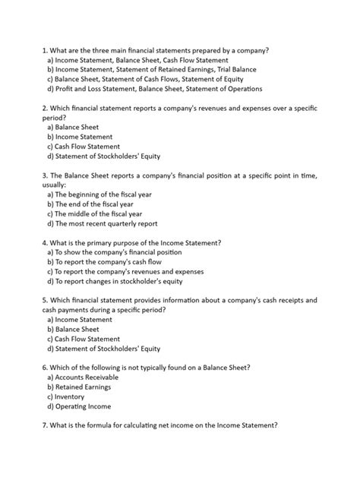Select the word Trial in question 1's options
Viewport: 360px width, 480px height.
[x=221, y=68]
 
